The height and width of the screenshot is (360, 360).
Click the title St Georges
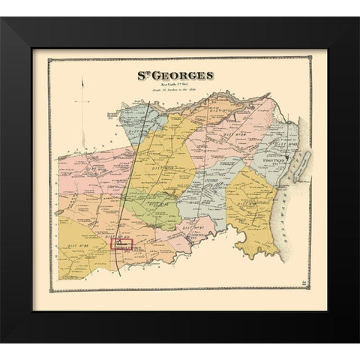[x=175, y=75]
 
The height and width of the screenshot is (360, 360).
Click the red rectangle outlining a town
[x=121, y=244]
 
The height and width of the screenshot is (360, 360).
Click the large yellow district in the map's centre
[x=161, y=161]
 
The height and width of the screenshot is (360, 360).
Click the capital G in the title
[x=156, y=75]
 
